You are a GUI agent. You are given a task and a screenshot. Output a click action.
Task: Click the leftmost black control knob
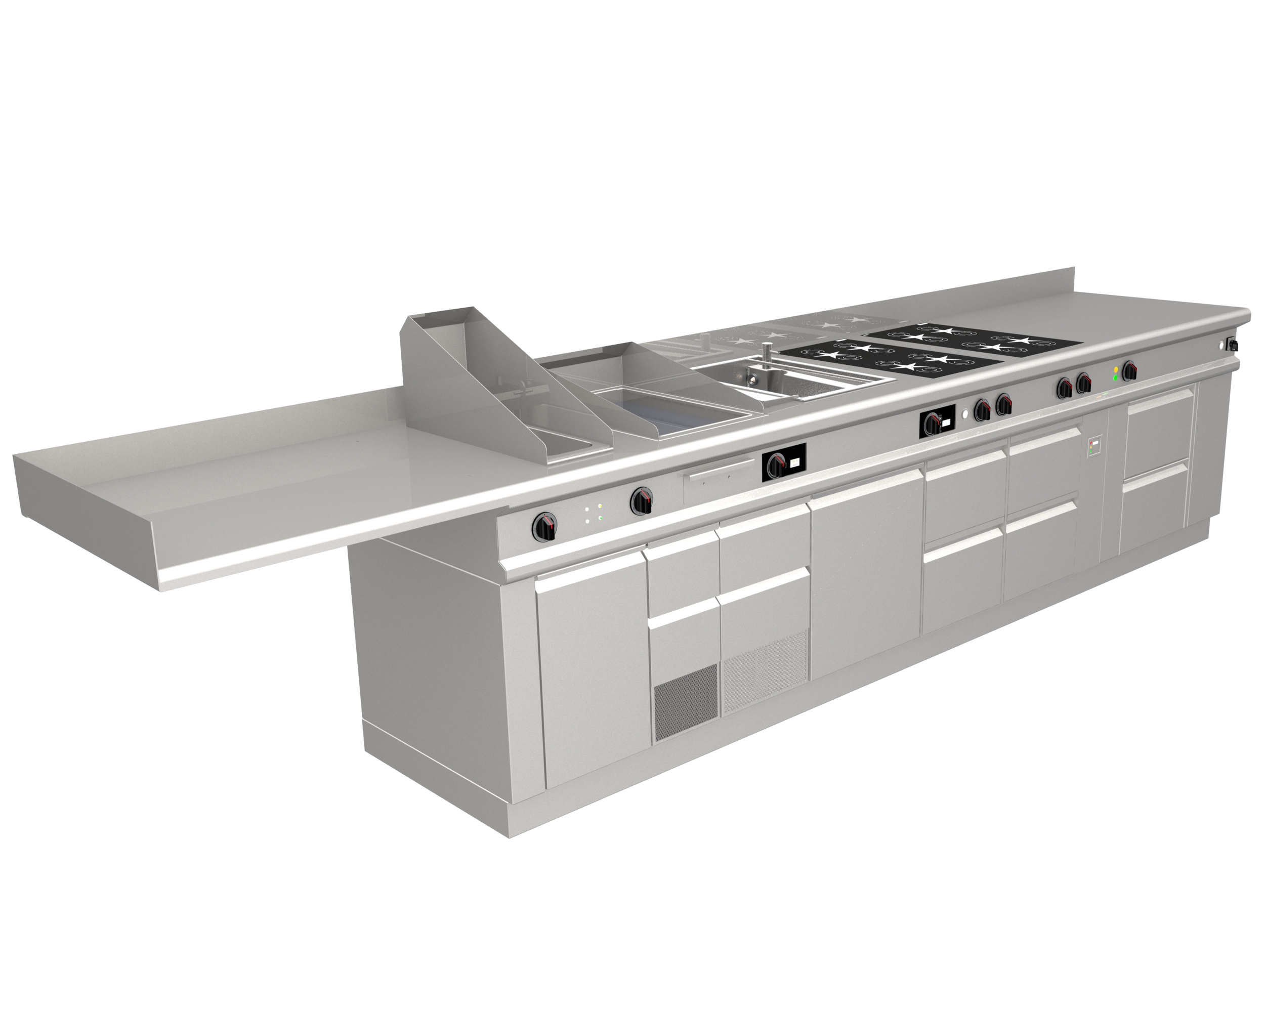click(545, 526)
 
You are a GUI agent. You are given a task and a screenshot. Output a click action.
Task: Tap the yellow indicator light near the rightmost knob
click(1115, 369)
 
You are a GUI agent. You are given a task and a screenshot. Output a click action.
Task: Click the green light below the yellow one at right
click(1115, 378)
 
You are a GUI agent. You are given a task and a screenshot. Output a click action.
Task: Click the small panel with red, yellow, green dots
click(1094, 448)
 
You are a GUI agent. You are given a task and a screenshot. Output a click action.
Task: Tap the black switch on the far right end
click(1233, 345)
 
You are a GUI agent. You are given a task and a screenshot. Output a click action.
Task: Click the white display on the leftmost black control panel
click(794, 462)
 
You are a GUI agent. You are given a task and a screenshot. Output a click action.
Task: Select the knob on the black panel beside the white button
click(931, 423)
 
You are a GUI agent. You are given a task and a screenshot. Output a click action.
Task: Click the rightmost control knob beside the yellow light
click(1129, 371)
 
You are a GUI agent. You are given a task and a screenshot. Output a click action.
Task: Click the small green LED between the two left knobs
click(600, 518)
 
